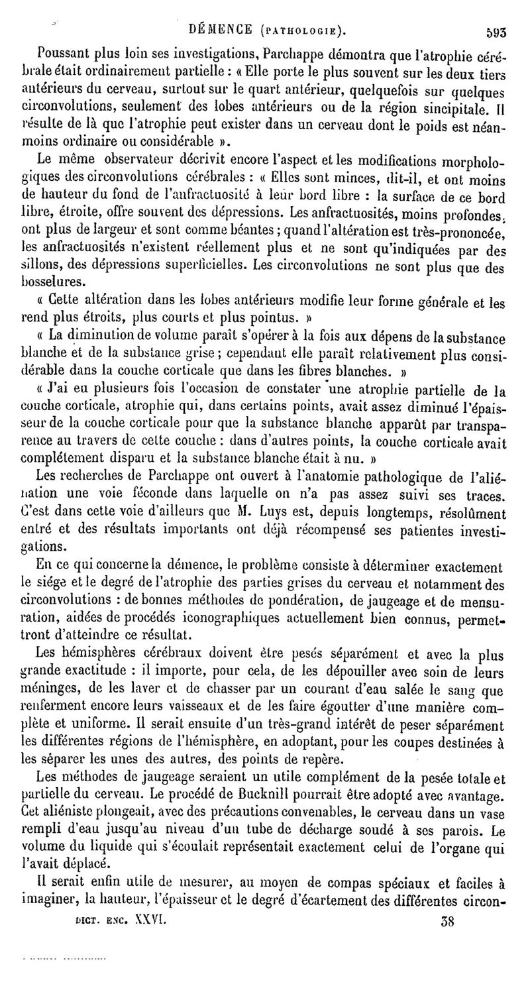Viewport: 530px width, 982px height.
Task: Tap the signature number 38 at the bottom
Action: [450, 920]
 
